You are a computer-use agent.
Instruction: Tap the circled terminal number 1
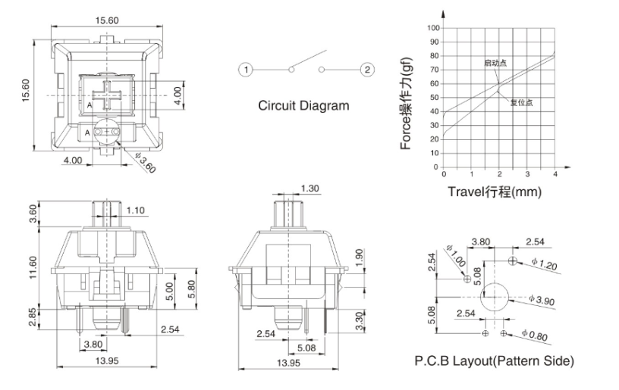tap(245, 70)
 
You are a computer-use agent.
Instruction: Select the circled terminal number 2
tap(367, 70)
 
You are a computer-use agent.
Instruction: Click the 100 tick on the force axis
tap(433, 27)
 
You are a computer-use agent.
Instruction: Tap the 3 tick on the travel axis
tap(527, 174)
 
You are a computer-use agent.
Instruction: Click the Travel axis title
tap(494, 192)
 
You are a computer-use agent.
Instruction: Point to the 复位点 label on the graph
tap(521, 102)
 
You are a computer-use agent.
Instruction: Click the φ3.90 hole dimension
tap(545, 301)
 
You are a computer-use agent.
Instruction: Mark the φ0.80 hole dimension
tap(538, 334)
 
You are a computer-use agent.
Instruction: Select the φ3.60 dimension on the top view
tap(144, 161)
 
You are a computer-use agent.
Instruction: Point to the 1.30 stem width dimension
tap(309, 188)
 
